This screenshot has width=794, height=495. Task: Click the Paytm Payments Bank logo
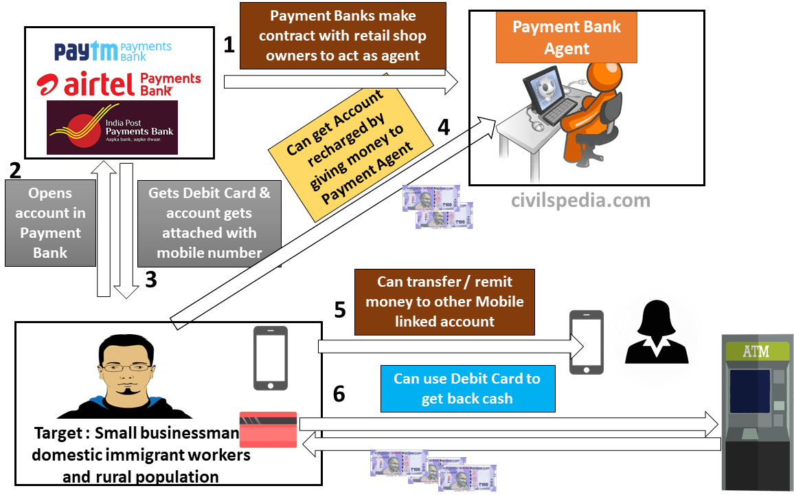(x=113, y=52)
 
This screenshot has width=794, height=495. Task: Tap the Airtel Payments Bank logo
(x=119, y=84)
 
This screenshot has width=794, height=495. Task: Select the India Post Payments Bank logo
(x=112, y=127)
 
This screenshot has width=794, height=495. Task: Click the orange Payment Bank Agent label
(x=566, y=38)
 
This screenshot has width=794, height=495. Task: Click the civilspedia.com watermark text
(x=580, y=201)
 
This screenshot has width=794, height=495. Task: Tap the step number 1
(x=229, y=45)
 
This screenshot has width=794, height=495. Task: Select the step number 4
(x=444, y=128)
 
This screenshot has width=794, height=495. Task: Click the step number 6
(x=339, y=394)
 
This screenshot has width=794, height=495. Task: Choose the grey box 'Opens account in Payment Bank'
(x=50, y=223)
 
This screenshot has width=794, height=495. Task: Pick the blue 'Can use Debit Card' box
(x=466, y=388)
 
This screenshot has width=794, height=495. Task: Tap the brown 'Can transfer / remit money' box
(x=444, y=302)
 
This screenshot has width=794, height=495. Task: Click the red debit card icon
(x=268, y=430)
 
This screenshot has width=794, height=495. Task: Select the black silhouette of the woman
(x=656, y=333)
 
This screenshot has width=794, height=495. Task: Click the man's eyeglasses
(x=124, y=366)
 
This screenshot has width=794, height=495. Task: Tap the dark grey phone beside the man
(x=271, y=357)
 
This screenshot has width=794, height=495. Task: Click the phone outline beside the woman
(x=587, y=342)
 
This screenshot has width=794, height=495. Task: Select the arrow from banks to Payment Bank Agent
(x=341, y=82)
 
